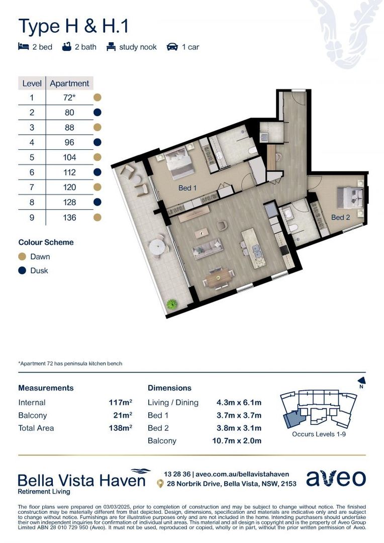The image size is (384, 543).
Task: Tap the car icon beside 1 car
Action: click(x=172, y=47)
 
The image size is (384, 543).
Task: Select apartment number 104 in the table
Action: click(x=69, y=157)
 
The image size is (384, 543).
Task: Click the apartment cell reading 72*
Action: click(x=69, y=98)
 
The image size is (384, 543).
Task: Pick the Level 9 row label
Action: click(x=32, y=217)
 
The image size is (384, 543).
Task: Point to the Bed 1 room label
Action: click(x=187, y=188)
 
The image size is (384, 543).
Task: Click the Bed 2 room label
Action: click(x=340, y=217)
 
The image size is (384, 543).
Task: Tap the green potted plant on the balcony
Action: click(x=172, y=304)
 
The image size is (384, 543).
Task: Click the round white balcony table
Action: click(x=157, y=247)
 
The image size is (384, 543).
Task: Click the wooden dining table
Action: click(x=220, y=276)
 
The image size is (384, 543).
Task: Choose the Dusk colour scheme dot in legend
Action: click(x=22, y=270)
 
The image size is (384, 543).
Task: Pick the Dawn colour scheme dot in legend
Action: click(x=22, y=256)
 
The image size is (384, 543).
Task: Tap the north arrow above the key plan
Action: click(x=360, y=381)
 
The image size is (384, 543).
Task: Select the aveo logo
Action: click(x=336, y=478)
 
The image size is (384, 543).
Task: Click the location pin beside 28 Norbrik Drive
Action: click(x=160, y=484)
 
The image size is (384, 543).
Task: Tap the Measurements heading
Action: click(x=46, y=388)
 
